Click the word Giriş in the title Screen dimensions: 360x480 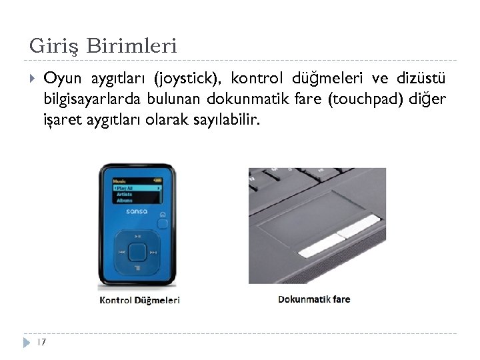(53, 47)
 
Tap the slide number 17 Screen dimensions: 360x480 (41, 342)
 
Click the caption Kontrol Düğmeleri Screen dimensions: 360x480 (139, 300)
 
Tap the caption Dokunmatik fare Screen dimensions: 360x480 (314, 299)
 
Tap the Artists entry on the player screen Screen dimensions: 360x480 (125, 194)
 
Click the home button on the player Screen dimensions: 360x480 (164, 215)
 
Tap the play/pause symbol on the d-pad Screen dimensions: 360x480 (138, 236)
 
